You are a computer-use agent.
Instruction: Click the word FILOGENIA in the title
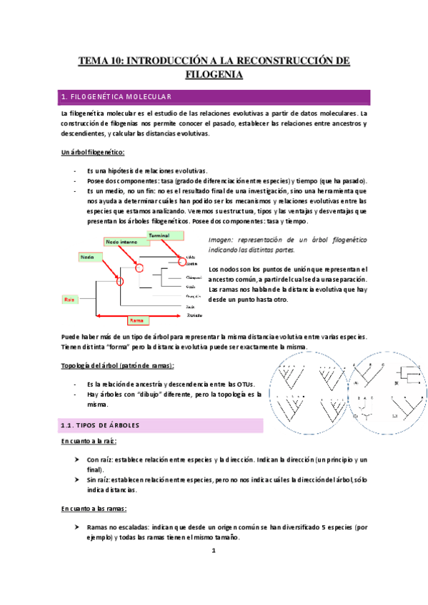tap(214, 74)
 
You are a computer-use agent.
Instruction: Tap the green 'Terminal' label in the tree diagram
tap(160, 235)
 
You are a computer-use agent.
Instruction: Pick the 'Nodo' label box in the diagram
tap(89, 256)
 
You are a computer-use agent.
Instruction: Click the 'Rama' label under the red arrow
tap(136, 321)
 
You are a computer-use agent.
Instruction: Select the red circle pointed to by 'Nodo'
tap(120, 281)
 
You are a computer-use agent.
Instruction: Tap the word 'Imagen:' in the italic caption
tap(222, 240)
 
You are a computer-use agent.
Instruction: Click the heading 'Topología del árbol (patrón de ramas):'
tap(117, 366)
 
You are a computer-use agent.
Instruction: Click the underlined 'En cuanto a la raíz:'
tap(91, 442)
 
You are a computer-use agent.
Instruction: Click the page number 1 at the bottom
tap(214, 552)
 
